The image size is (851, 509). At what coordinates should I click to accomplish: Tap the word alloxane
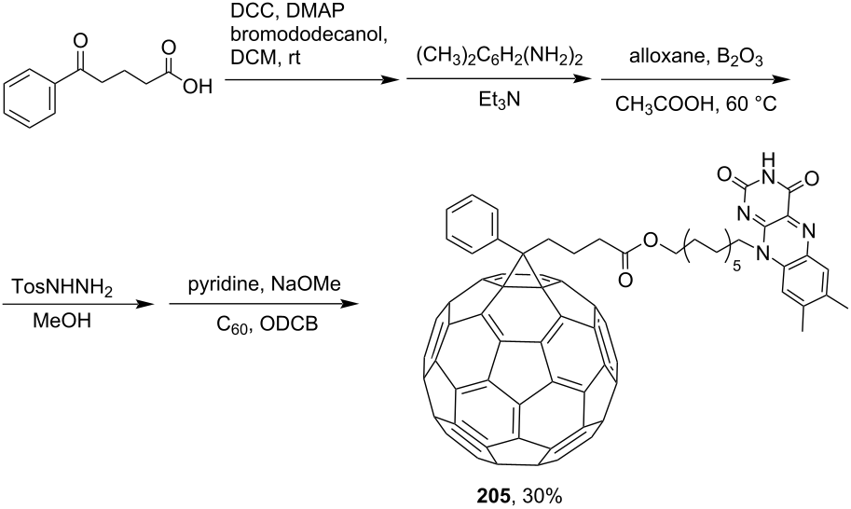pos(666,58)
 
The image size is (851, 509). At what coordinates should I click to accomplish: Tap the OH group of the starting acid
pos(198,87)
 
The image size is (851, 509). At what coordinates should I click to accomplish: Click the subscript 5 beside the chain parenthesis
pos(736,267)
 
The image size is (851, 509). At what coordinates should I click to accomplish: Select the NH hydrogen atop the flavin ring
pos(767,159)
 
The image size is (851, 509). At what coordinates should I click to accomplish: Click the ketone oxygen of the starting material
pos(81,41)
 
